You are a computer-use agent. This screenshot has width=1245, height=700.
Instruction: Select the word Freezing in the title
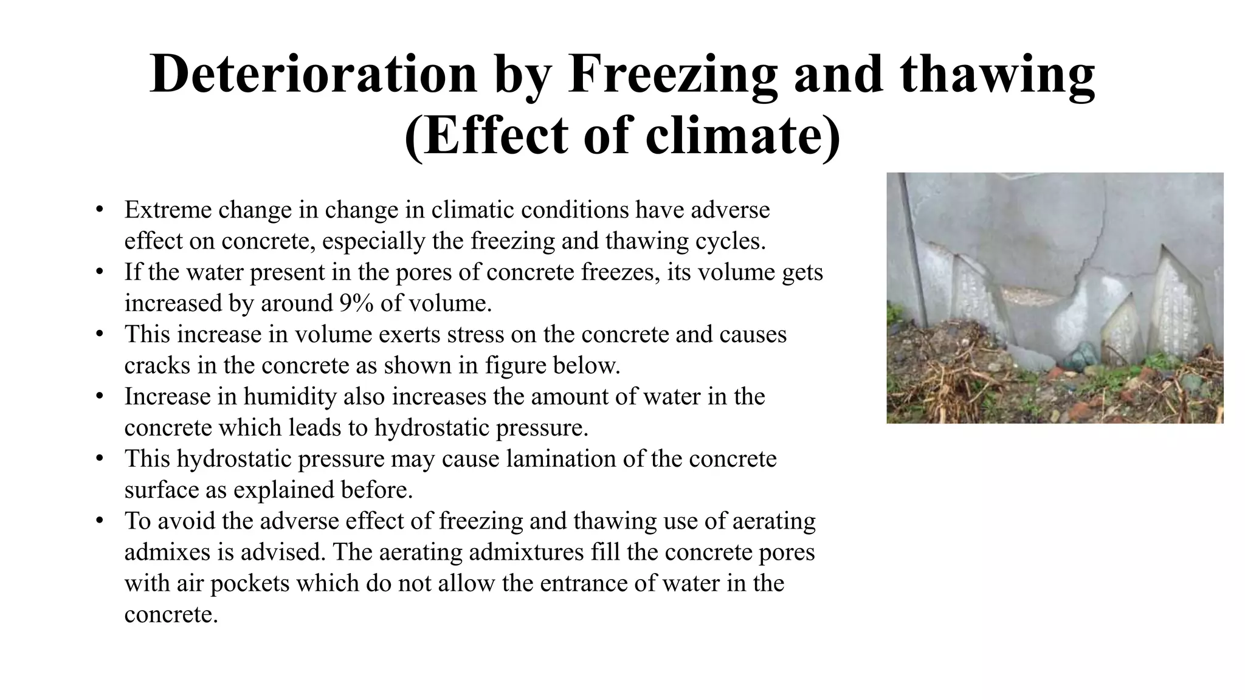(x=672, y=74)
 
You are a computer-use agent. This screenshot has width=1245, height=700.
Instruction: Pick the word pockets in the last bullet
(x=250, y=583)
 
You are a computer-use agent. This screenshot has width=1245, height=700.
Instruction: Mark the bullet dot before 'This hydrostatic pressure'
(x=100, y=459)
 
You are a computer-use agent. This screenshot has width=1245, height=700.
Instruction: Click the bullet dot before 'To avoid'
(x=100, y=521)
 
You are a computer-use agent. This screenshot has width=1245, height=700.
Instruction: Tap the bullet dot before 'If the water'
(x=100, y=272)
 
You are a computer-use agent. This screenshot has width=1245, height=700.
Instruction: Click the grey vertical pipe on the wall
(x=914, y=255)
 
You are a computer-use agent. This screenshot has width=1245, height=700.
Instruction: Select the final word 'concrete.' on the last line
(x=171, y=614)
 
